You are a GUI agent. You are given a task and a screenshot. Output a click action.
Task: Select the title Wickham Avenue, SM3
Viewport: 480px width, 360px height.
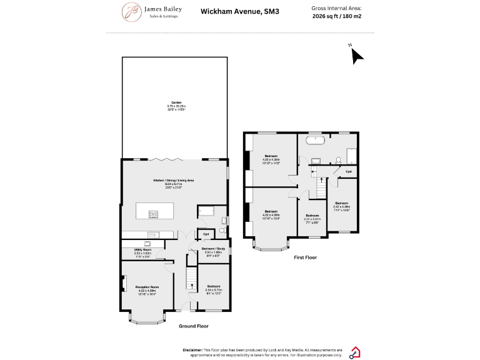click(231, 11)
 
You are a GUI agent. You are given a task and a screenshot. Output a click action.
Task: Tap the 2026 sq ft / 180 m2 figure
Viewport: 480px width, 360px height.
click(336, 17)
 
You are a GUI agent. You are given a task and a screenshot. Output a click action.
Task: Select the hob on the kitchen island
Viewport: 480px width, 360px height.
click(153, 214)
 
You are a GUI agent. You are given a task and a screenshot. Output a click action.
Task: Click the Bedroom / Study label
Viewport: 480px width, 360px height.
click(213, 249)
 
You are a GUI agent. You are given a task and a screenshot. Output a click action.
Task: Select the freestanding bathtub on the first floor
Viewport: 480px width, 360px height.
click(313, 141)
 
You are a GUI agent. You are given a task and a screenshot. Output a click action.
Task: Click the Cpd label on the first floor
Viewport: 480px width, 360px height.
click(348, 171)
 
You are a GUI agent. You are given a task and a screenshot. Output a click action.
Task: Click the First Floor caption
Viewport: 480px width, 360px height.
click(306, 257)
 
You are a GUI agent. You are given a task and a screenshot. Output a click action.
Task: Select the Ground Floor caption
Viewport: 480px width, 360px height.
click(194, 326)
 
